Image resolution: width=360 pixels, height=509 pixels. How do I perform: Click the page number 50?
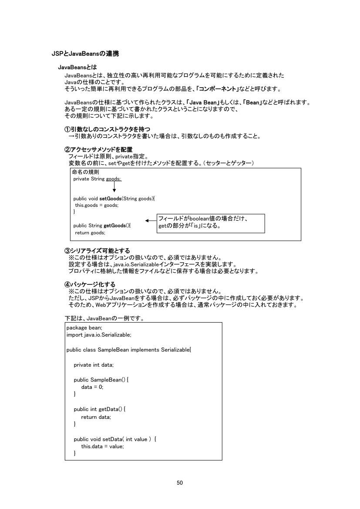coord(180,482)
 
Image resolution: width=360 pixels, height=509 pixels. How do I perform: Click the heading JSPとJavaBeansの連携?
coord(85,54)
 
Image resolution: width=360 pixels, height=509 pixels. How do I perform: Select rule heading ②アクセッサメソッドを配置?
coord(98,150)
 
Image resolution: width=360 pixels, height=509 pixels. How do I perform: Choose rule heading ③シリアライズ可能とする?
coord(97,250)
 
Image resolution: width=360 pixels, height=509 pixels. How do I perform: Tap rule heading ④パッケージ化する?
coord(90,284)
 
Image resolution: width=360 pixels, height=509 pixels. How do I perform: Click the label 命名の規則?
coord(85,172)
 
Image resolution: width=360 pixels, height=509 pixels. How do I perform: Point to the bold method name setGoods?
coord(111,199)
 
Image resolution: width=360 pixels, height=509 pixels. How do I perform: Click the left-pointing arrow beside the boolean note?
coord(151,221)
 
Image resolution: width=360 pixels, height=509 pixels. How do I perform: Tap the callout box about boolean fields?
coord(211,222)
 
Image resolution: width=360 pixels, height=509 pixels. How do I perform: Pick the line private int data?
coord(94,364)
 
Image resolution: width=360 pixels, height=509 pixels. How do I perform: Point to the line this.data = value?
coord(103,446)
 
